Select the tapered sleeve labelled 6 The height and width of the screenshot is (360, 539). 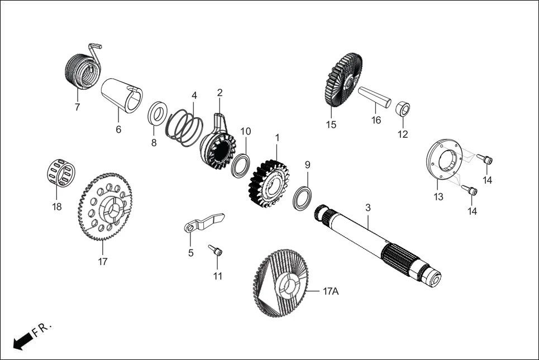121,95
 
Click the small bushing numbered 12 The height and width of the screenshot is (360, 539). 402,108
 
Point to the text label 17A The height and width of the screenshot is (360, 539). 331,291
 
